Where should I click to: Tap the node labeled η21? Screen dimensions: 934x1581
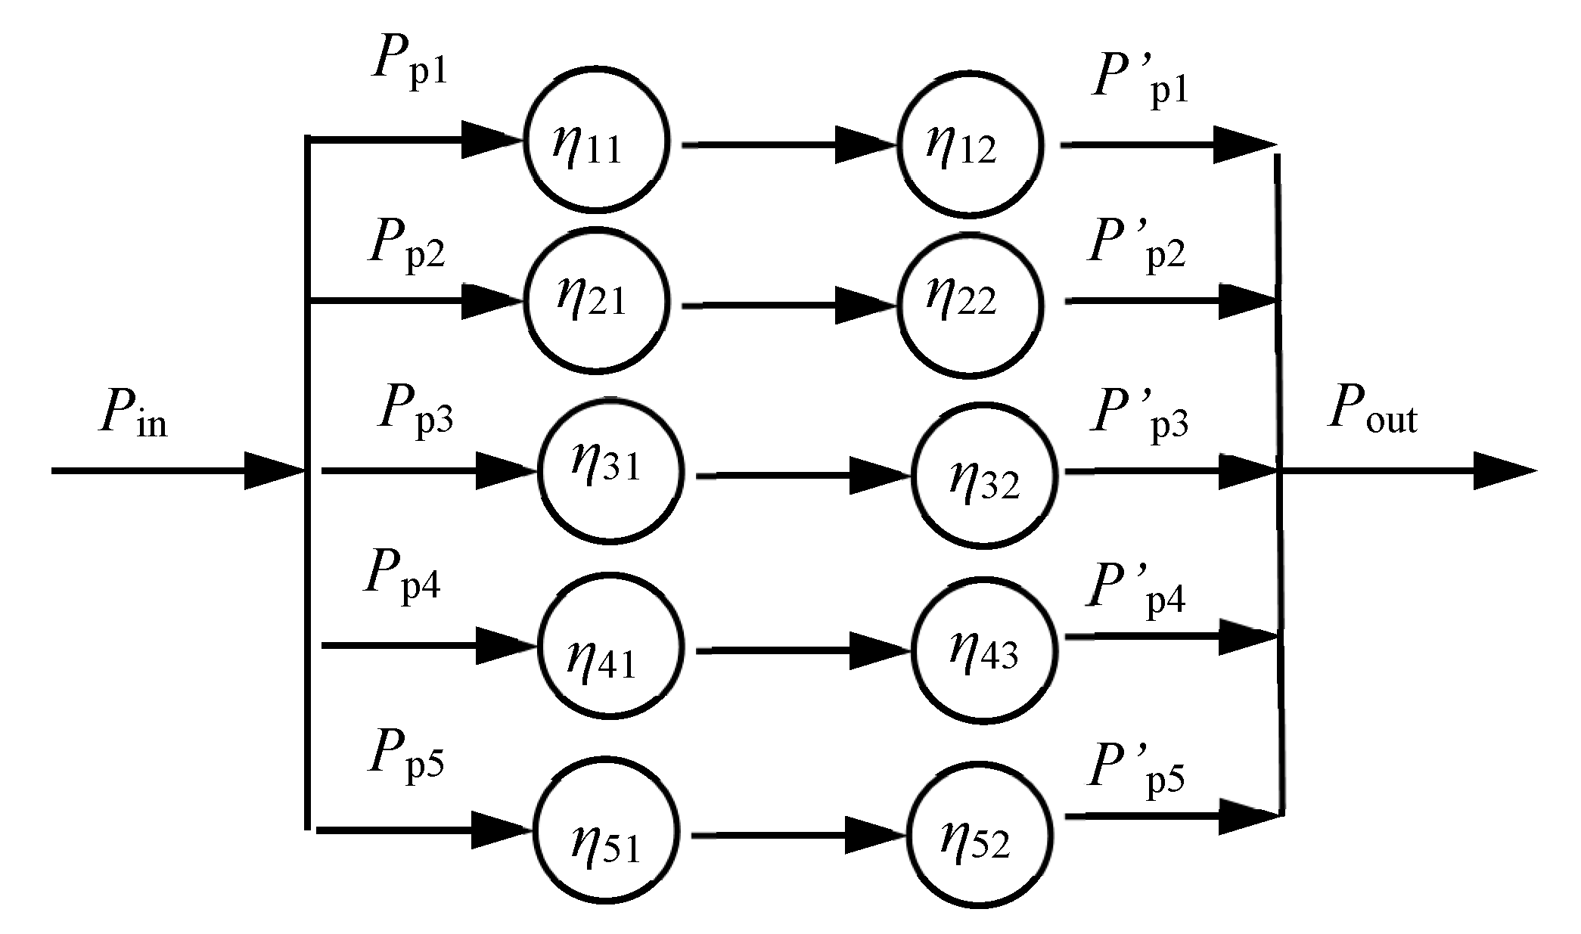597,299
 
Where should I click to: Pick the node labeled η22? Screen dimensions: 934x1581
969,304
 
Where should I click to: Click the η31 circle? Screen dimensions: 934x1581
610,471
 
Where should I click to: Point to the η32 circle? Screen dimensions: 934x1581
984,476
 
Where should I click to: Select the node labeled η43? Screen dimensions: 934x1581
984,650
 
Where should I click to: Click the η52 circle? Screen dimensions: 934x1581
980,834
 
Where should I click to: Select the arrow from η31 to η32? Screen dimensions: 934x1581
802,476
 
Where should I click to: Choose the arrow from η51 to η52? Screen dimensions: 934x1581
798,835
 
